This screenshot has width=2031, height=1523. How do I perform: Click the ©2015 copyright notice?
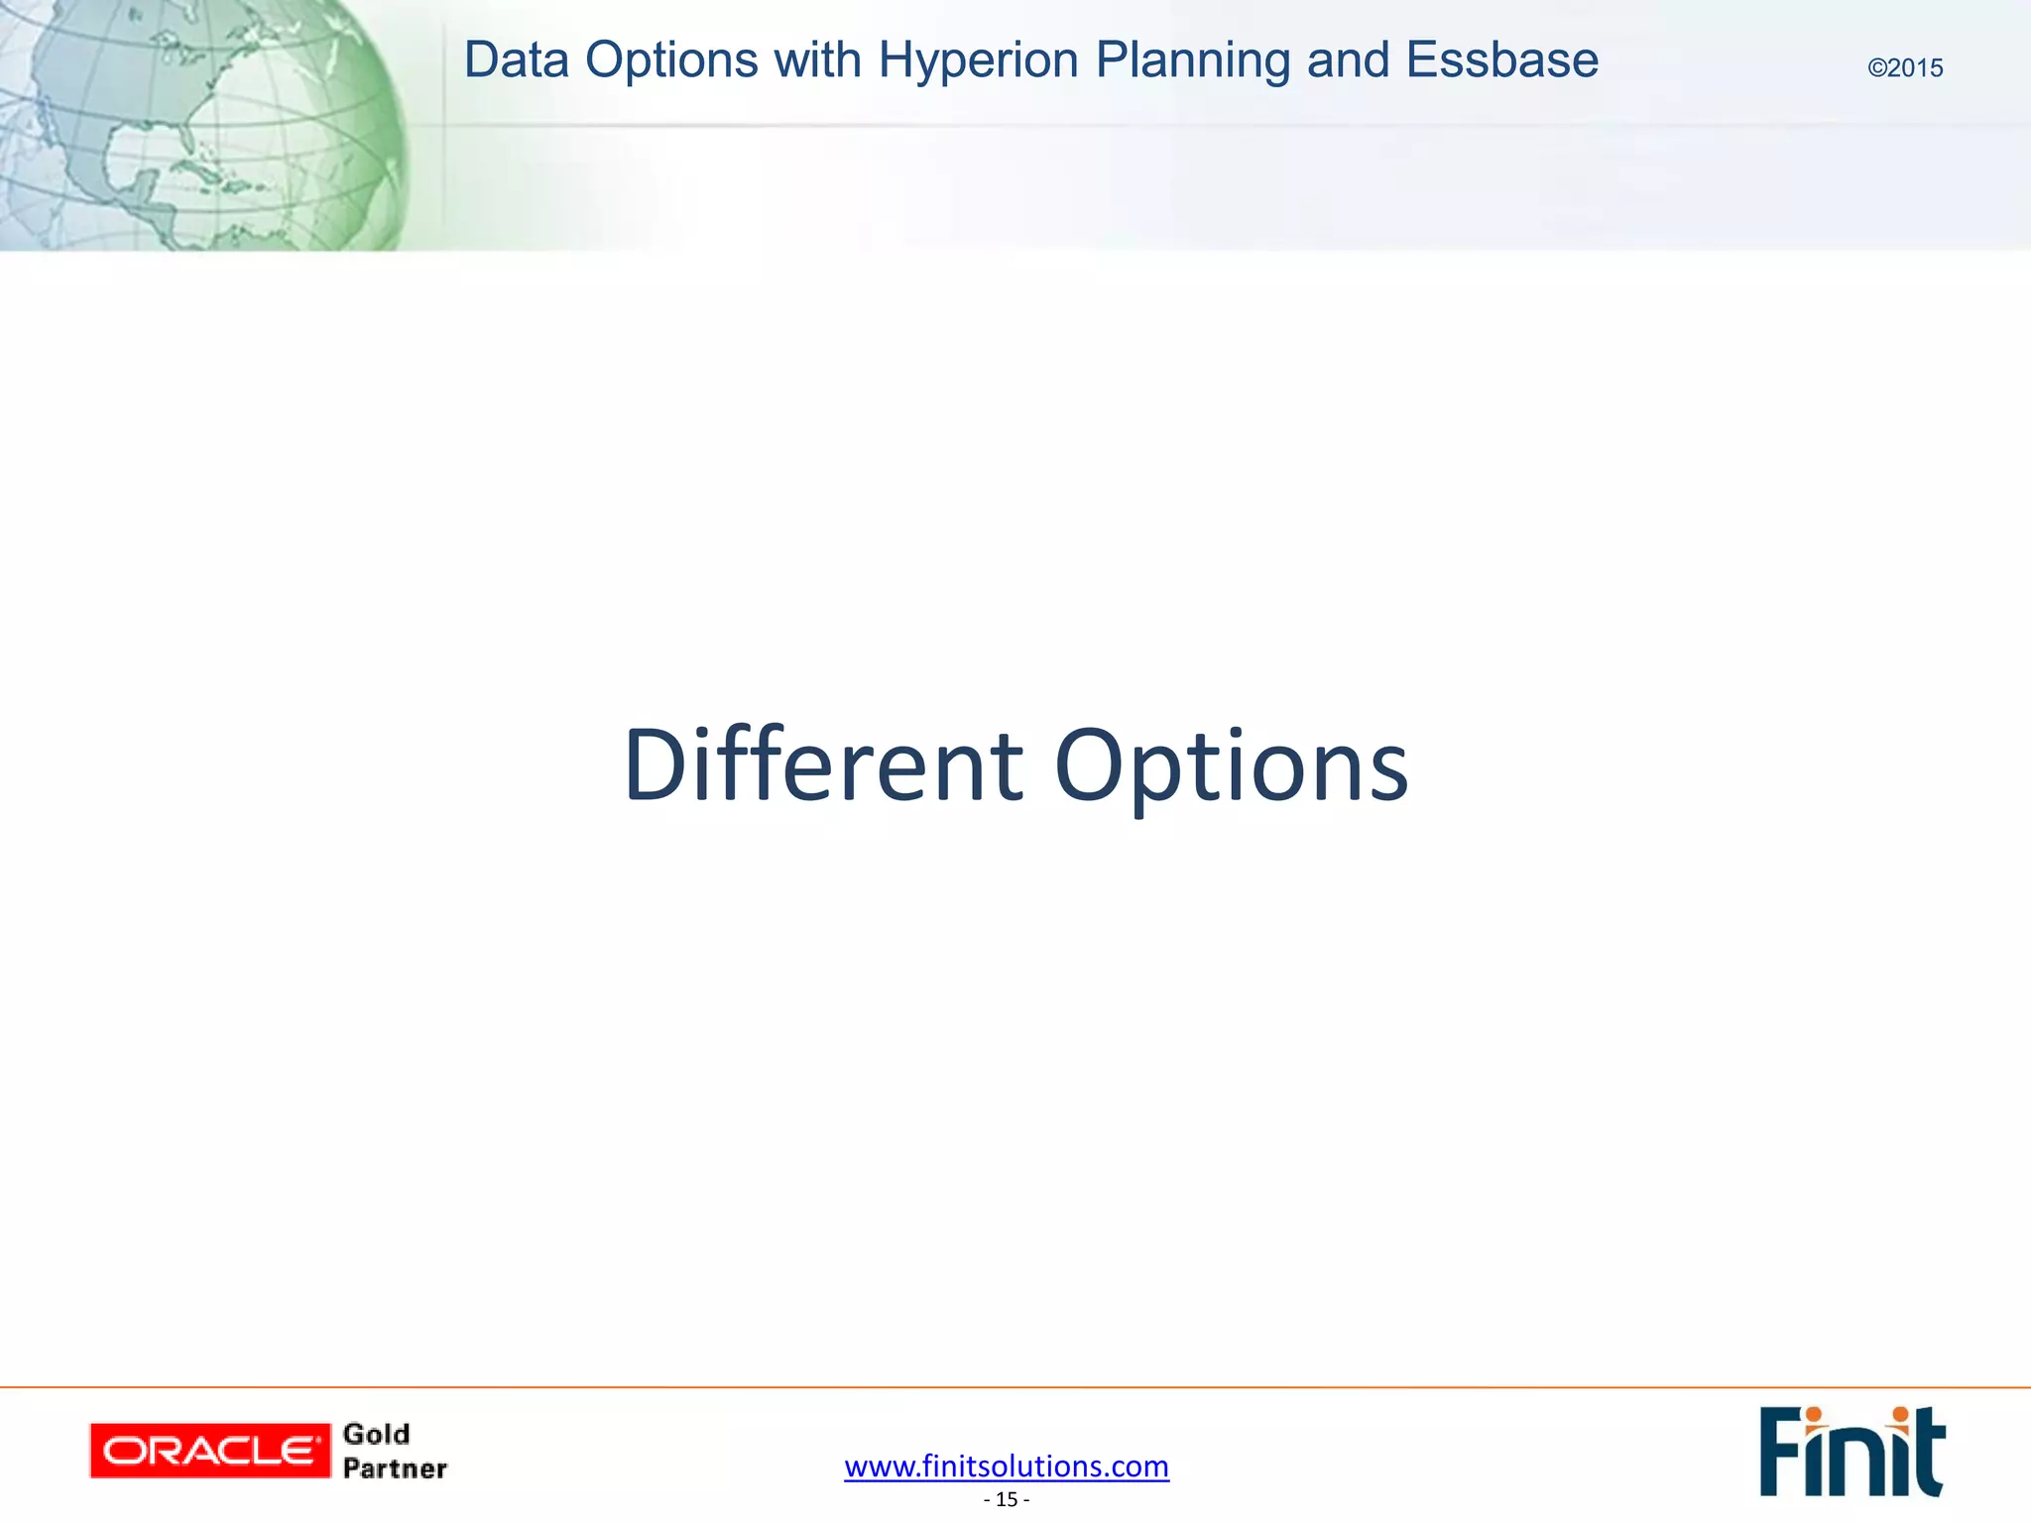1905,68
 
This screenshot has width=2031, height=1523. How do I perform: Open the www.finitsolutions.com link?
1007,1465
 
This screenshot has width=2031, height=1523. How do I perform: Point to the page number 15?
1007,1499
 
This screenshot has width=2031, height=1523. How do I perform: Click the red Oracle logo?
209,1451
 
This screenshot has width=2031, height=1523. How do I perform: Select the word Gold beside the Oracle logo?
376,1434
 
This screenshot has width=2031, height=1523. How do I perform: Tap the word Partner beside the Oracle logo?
395,1468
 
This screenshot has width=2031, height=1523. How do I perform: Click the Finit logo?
1852,1453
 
